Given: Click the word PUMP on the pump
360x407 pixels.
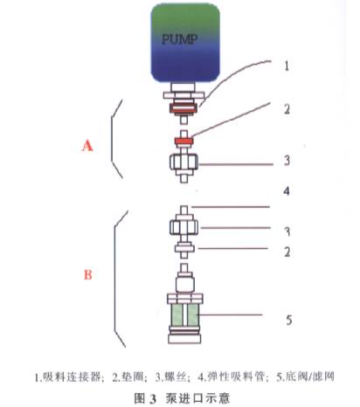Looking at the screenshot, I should click(181, 40).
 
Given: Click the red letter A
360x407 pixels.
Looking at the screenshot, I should click(87, 147).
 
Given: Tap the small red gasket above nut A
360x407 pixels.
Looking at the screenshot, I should click(183, 141).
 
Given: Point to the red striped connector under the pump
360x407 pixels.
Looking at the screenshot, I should click(183, 109).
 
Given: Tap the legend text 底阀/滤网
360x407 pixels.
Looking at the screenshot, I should click(306, 378).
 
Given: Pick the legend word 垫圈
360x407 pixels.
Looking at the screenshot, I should click(121, 378).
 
